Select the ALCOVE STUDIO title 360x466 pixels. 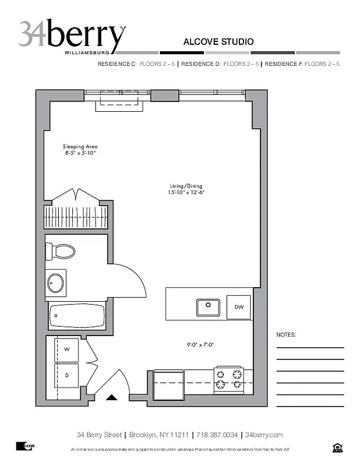tap(218, 42)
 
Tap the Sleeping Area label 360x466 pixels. tap(80, 150)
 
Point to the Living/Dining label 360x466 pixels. tap(186, 189)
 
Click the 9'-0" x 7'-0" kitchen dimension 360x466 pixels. tap(202, 344)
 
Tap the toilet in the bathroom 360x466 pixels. tap(61, 252)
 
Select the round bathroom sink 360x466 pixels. tap(56, 283)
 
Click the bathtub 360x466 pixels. tap(77, 316)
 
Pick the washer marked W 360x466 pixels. tap(67, 349)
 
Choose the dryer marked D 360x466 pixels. tap(67, 375)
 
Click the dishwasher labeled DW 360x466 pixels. tap(239, 307)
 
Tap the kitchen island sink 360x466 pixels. tap(207, 306)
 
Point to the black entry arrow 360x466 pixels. tap(112, 398)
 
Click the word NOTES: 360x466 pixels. tap(287, 335)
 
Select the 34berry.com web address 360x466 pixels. tap(264, 435)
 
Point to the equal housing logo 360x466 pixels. tap(337, 447)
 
